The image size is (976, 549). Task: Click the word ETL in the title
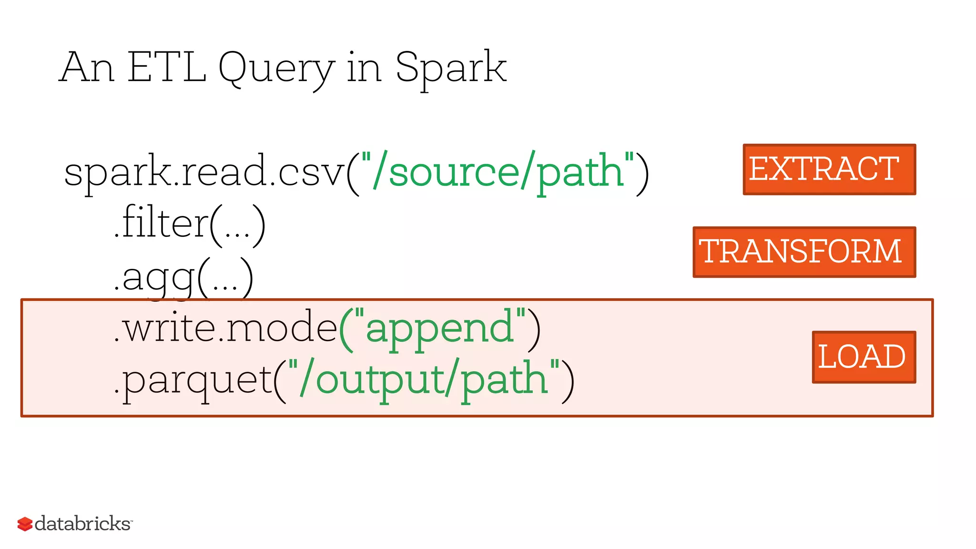[x=167, y=67]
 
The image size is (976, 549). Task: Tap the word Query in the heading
[x=276, y=69]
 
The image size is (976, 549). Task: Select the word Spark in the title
[x=450, y=68]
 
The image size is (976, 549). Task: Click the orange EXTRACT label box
[x=829, y=169]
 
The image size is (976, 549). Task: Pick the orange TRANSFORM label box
[x=804, y=252]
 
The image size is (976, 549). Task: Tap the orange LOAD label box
[x=864, y=357]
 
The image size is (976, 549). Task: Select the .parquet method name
[x=193, y=380]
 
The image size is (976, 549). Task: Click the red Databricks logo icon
[x=25, y=524]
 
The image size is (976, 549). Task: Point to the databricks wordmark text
[x=82, y=524]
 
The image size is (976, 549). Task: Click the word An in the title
[x=87, y=67]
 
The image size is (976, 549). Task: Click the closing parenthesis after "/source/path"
[x=642, y=173]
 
